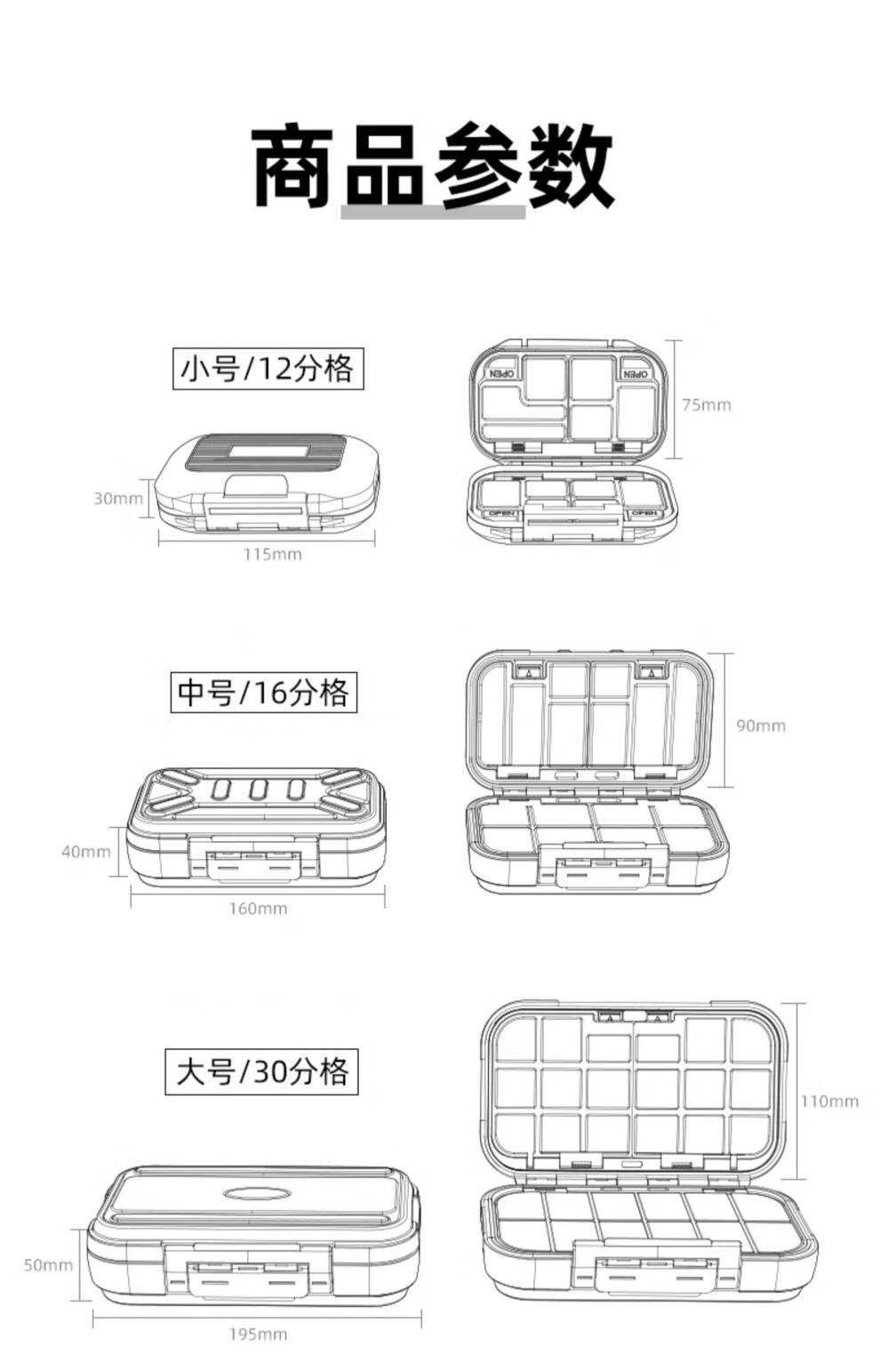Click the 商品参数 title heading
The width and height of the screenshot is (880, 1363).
[433, 166]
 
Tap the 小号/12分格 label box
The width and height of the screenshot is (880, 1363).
[268, 368]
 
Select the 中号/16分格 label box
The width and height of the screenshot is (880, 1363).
[263, 692]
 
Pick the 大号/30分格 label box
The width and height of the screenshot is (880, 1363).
[261, 1071]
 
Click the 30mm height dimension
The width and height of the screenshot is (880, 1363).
[117, 498]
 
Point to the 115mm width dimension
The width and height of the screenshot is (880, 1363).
[273, 555]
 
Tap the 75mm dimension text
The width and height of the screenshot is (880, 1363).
[707, 405]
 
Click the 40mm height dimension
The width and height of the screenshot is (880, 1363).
[85, 852]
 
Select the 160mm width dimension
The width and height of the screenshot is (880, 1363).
[258, 909]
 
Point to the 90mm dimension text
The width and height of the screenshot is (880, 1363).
[761, 726]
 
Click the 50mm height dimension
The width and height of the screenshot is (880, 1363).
[48, 1265]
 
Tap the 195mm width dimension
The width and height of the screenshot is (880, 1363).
[258, 1334]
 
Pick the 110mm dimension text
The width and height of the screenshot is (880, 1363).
[829, 1102]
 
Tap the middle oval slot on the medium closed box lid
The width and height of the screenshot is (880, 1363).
[259, 790]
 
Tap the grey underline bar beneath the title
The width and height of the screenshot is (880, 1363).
[433, 212]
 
